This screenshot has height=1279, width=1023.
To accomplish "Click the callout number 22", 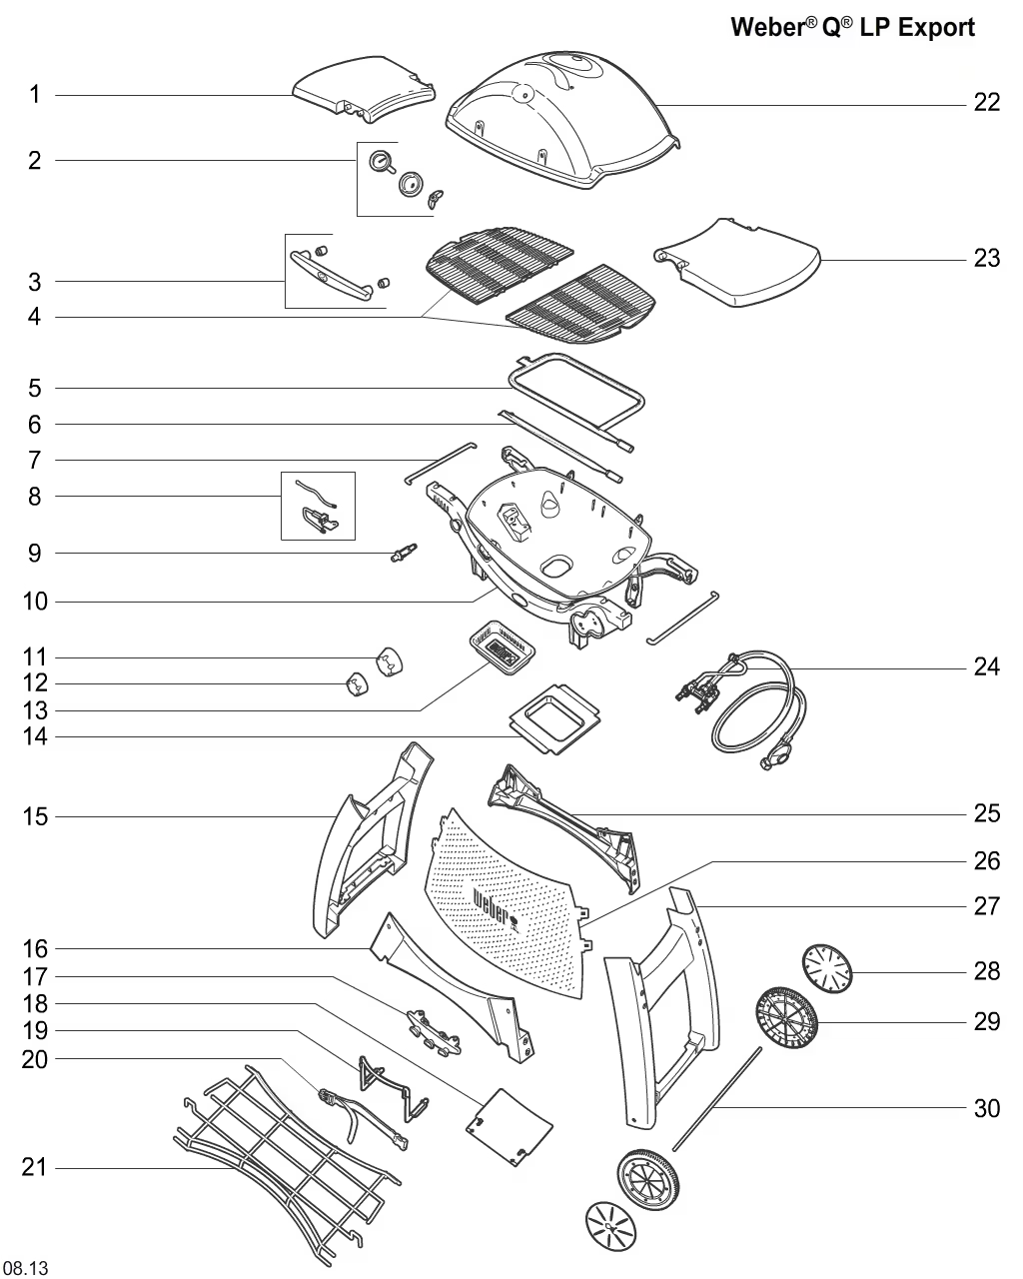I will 986,102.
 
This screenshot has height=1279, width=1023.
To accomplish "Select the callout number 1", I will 35,95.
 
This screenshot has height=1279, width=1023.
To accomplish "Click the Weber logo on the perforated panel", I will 496,907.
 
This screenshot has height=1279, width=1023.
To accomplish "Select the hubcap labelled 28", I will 829,968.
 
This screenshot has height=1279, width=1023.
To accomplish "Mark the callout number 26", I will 986,860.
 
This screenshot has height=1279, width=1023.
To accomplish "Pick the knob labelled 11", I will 388,660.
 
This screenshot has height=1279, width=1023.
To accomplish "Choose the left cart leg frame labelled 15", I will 365,839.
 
